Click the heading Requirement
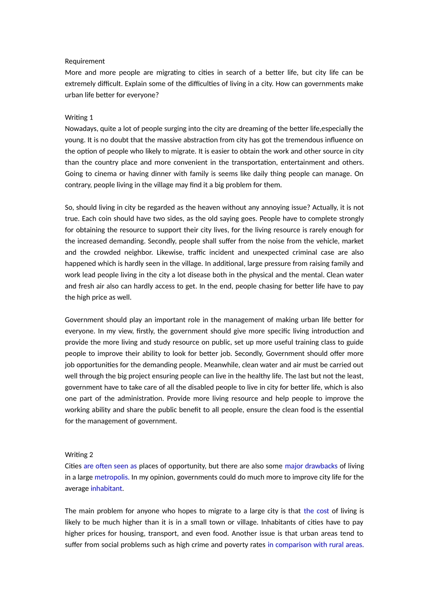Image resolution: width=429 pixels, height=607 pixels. pos(84,61)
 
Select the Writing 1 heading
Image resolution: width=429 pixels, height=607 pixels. pos(79,117)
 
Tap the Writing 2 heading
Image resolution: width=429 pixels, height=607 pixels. pos(79,455)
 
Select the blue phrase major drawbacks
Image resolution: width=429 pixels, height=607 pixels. pos(311,466)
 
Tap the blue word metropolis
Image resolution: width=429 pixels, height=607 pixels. pos(112,477)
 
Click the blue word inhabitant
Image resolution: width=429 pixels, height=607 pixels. pos(107,489)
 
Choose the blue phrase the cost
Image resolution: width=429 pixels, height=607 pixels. pos(316,511)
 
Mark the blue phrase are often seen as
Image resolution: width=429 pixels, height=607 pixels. pos(110,466)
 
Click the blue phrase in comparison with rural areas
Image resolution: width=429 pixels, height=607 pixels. pos(315,545)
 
